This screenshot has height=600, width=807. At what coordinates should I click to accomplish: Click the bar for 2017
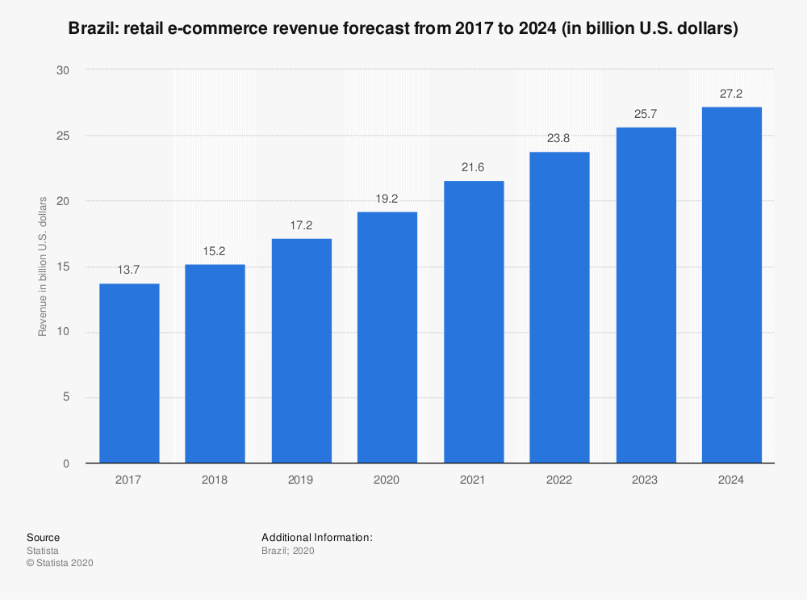click(x=129, y=373)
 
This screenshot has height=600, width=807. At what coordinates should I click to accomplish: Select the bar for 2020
click(x=387, y=338)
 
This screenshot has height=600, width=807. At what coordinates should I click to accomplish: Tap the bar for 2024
click(x=731, y=285)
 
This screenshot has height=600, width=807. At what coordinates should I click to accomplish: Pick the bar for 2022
click(x=559, y=308)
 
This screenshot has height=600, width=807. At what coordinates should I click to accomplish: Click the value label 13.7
click(x=129, y=270)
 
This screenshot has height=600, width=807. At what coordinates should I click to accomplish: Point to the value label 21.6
click(x=473, y=166)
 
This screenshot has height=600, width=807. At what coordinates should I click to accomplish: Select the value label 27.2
click(x=731, y=93)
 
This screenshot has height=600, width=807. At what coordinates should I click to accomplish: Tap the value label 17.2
click(x=301, y=224)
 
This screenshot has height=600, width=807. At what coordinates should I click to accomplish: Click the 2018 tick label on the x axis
click(x=215, y=480)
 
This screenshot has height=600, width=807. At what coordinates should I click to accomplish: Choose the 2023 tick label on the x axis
click(x=646, y=480)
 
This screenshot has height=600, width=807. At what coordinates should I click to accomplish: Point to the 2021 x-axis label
click(x=473, y=480)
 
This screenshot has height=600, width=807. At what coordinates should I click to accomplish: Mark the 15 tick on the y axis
click(x=65, y=266)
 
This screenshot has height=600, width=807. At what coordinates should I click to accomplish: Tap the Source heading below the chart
click(x=43, y=538)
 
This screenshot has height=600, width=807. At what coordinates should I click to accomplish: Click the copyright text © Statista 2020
click(x=60, y=564)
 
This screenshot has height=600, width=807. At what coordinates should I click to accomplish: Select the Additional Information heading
click(x=316, y=538)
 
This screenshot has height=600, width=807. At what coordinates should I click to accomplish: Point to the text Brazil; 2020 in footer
click(x=287, y=551)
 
